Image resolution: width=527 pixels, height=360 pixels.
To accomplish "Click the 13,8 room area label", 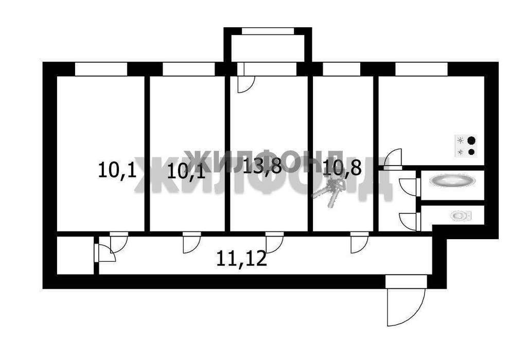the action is click(262, 165).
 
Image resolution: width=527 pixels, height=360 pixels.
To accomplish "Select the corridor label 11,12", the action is click(242, 259).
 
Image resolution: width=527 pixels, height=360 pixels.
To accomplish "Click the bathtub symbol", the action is click(452, 181).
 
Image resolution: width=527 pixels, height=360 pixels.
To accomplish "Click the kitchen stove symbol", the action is click(466, 146).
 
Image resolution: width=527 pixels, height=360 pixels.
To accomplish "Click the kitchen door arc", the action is click(393, 157).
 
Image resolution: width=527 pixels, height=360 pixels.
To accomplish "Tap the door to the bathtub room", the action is click(408, 187).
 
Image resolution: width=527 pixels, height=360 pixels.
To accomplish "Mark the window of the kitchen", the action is click(421, 69).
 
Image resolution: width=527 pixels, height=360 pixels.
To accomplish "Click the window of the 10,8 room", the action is click(342, 69).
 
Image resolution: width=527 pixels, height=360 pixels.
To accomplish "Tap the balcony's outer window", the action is click(268, 31).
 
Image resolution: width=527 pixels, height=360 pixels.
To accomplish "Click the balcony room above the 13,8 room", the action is click(268, 48).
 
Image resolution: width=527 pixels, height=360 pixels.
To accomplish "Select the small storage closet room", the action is click(75, 255).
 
